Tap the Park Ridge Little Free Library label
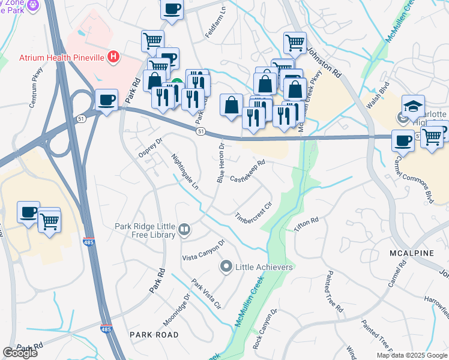pos(146,230)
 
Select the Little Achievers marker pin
pos(226,266)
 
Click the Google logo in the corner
pos(20,353)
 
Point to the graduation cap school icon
pos(414,106)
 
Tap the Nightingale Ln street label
pos(184,172)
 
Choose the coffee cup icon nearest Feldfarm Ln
pos(172,9)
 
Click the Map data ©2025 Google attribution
pos(412,355)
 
